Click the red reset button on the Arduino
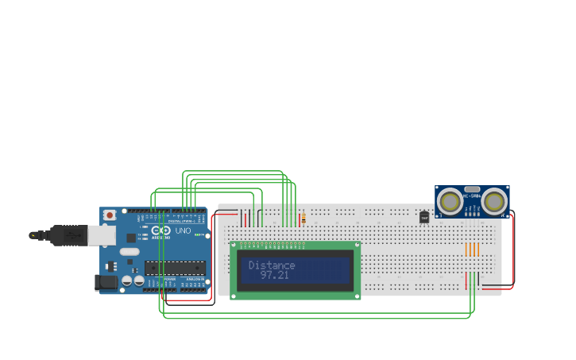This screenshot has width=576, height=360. [x=109, y=215]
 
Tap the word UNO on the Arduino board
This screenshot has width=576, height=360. [x=182, y=231]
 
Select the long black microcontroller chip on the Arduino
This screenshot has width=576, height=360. [x=175, y=268]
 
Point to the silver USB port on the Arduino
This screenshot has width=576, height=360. [x=101, y=234]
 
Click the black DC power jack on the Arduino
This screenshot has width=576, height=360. [x=105, y=282]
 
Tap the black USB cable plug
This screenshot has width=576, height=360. [x=68, y=235]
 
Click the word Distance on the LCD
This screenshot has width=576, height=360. [x=272, y=265]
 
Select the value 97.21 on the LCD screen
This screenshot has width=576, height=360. [x=275, y=275]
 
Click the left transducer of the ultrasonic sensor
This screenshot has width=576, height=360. [x=450, y=201]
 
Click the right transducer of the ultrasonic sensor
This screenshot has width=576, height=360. [x=494, y=201]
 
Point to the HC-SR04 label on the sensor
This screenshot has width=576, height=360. [x=472, y=195]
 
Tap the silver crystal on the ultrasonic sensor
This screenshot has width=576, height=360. [x=472, y=189]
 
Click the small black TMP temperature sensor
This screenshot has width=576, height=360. [x=424, y=217]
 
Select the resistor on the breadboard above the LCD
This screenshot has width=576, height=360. [x=303, y=219]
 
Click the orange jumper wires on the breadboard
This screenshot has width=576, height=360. [x=472, y=250]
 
